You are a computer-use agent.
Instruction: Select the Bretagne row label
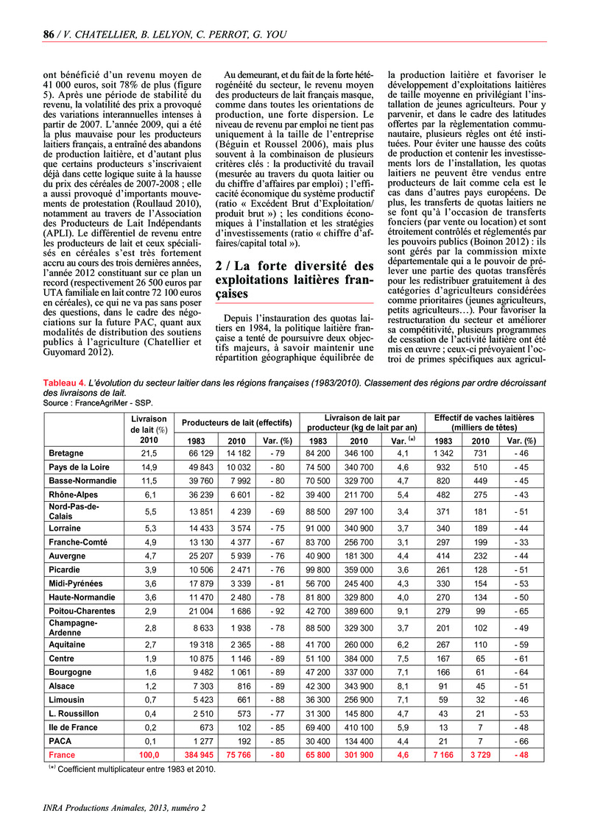tap(66, 453)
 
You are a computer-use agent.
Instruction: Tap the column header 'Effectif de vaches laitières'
tap(484, 418)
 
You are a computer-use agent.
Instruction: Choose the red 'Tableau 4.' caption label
tap(64, 383)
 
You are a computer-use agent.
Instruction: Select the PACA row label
tap(60, 741)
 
